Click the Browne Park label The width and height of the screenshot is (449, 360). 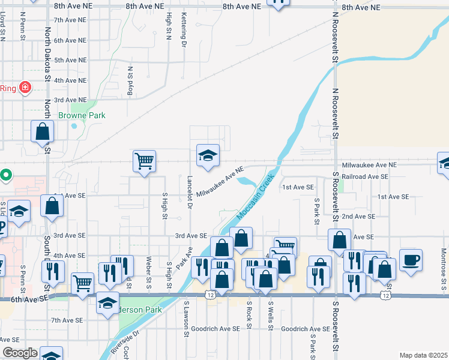coord(82,115)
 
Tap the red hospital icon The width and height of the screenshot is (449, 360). coord(25,88)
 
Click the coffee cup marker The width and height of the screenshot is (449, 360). coord(410,259)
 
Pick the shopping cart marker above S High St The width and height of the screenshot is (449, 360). coord(144,161)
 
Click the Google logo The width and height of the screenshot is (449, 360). coord(20,353)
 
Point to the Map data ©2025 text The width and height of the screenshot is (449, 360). coord(423,355)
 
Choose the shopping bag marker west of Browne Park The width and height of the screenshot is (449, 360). coord(43,131)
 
